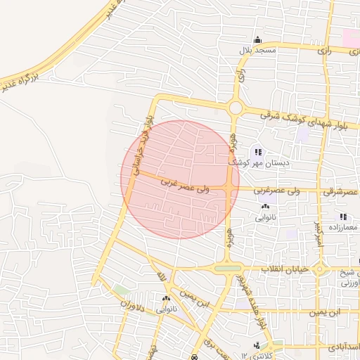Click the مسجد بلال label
click(x=257, y=50)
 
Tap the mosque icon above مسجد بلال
click(x=257, y=39)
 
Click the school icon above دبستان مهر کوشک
click(x=258, y=152)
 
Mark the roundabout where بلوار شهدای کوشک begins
click(x=236, y=108)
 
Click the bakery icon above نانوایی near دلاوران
click(x=167, y=298)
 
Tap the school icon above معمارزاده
click(x=343, y=217)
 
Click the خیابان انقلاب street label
click(x=285, y=269)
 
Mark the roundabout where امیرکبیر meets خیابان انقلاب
click(x=320, y=269)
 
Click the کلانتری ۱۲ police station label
click(x=257, y=354)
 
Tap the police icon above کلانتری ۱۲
click(x=256, y=345)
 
